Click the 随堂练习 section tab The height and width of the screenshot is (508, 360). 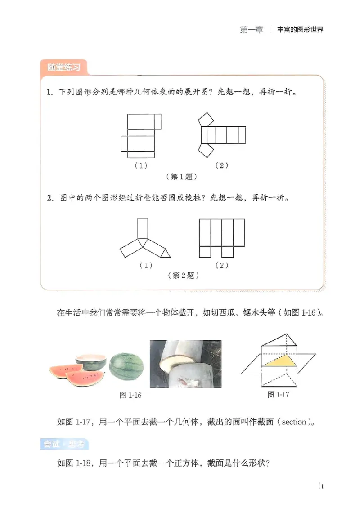pyautogui.click(x=64, y=68)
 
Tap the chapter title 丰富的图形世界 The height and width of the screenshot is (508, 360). pyautogui.click(x=301, y=30)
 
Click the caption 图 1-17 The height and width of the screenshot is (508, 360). pyautogui.click(x=278, y=394)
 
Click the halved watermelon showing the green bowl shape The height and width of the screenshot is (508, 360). pyautogui.click(x=91, y=361)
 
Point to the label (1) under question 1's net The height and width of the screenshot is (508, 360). pyautogui.click(x=141, y=165)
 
